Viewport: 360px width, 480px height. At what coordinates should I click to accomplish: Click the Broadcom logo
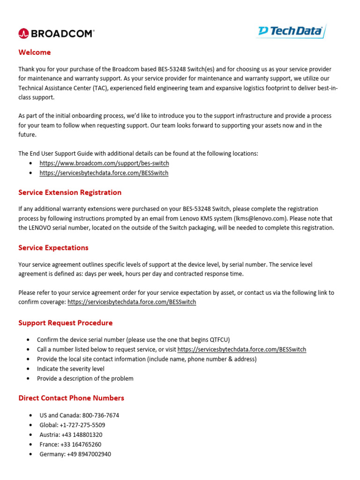[56, 33]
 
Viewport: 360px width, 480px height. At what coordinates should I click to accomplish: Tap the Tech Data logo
[291, 31]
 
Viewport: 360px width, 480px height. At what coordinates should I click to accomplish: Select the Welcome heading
[35, 52]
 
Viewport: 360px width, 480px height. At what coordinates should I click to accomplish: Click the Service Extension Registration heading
[70, 192]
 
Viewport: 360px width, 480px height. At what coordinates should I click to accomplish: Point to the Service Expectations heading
[53, 247]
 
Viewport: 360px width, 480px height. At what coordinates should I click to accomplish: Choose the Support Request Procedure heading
[66, 323]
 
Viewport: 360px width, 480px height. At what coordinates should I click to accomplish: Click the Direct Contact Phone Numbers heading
[71, 398]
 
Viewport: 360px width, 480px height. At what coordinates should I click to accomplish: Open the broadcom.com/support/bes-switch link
[104, 163]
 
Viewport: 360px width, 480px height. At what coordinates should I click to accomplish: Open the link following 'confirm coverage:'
[132, 302]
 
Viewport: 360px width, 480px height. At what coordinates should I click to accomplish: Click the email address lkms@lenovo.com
[260, 218]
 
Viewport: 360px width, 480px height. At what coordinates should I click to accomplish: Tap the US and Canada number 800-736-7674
[100, 415]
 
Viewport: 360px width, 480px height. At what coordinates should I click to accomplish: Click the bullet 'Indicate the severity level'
[71, 369]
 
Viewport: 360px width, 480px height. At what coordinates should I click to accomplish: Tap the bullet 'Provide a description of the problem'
[85, 378]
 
